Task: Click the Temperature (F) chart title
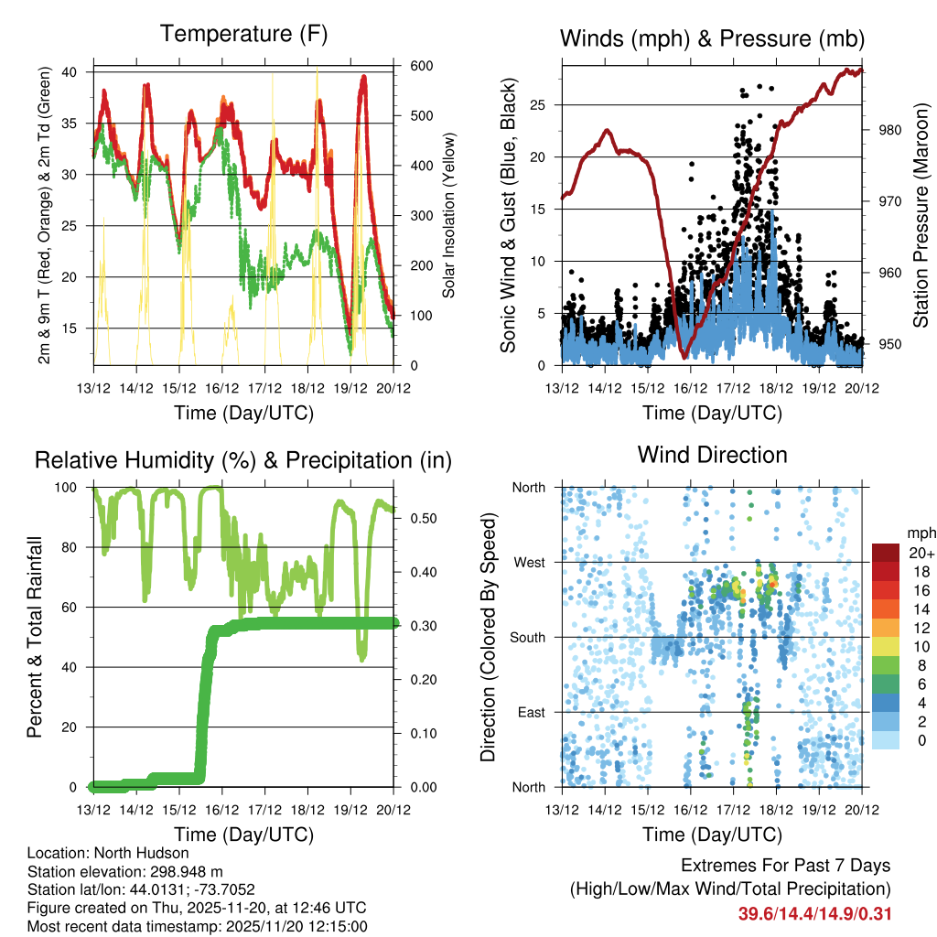(x=243, y=35)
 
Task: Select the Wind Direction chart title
(x=712, y=455)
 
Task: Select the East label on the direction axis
(x=531, y=712)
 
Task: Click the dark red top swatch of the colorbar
(x=885, y=553)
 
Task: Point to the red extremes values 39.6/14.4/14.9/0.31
(x=815, y=914)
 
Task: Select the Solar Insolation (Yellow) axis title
(x=449, y=215)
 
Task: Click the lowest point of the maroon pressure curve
(x=682, y=357)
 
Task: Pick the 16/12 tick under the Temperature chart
(x=221, y=388)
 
